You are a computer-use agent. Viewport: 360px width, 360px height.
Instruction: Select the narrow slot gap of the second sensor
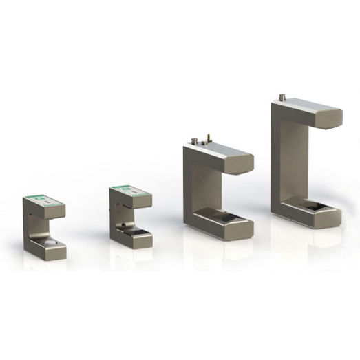pos(135,214)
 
